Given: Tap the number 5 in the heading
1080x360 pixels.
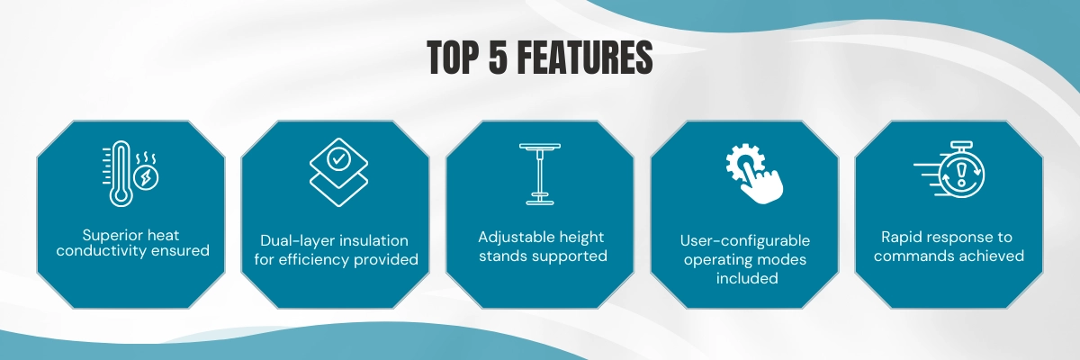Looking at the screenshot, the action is point(498,58).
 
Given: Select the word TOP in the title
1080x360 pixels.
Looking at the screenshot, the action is point(453,58).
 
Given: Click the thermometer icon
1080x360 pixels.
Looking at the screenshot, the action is point(120,174).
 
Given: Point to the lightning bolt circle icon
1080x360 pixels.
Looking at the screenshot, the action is point(146,178).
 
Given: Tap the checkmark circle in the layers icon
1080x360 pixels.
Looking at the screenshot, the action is point(338,159).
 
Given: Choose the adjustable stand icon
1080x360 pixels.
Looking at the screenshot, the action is point(539,174).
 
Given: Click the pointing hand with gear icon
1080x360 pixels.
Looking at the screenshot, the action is point(754,174).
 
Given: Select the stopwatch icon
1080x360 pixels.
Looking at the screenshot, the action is point(949,169).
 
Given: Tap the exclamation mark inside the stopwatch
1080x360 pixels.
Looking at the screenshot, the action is point(961,174).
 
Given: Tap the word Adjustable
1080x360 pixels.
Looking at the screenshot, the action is point(514,237).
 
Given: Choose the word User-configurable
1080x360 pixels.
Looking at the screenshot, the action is point(745,240).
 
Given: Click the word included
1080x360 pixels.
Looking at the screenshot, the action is point(747,278).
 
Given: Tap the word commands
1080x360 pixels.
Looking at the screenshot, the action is point(907,256).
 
